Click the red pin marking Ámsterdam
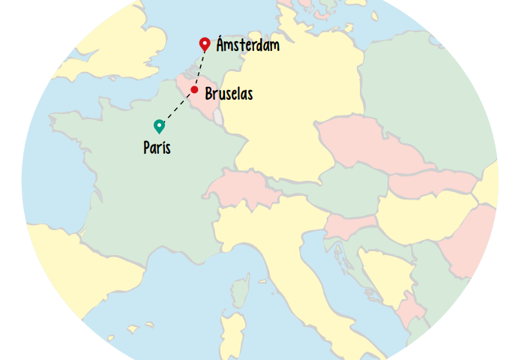[x=204, y=43]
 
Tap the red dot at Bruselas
[x=194, y=90]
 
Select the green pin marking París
[x=159, y=126]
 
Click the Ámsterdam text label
[x=247, y=46]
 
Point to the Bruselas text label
[x=229, y=94]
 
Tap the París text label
[x=157, y=148]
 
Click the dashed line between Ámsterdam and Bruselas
[x=199, y=69]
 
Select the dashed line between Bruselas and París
[x=178, y=108]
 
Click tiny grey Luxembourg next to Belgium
[x=218, y=118]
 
